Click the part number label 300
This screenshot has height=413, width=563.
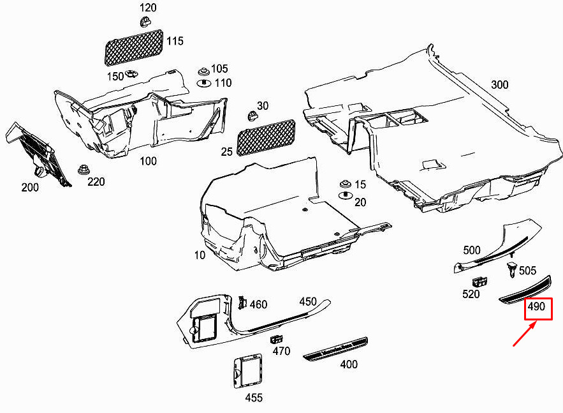499,85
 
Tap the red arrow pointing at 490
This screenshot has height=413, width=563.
525,333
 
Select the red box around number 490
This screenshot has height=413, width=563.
538,309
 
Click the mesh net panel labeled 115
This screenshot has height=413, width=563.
134,48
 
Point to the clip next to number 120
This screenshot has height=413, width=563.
145,22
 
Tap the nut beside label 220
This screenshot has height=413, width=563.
84,169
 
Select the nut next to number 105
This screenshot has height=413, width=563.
203,71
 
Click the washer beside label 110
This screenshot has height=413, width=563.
204,83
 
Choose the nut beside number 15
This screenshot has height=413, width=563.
346,184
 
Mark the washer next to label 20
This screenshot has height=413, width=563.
346,195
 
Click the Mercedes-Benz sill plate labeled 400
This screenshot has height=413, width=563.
335,349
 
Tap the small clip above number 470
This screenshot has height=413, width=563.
276,339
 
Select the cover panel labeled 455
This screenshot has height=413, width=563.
247,372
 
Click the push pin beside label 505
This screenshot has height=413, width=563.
511,270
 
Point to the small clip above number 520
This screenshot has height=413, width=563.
479,282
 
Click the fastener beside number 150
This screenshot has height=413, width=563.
131,73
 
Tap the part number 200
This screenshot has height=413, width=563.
30,187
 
